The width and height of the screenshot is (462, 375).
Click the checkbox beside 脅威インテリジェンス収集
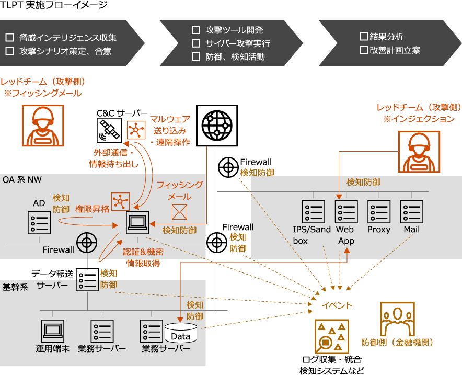coord(9,38)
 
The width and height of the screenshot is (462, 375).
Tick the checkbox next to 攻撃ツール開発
coord(196,30)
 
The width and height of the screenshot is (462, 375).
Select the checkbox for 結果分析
coord(364,37)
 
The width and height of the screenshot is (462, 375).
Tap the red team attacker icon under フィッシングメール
coord(43,126)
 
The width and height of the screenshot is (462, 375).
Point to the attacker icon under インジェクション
coord(419,152)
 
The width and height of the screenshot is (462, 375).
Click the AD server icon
coord(40,222)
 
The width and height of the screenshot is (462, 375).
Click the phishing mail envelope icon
coord(179,212)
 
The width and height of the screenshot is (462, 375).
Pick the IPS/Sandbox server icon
coord(313,212)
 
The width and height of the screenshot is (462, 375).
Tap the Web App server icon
coord(346,212)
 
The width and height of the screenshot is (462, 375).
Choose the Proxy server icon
coord(379,212)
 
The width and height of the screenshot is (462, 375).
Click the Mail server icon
coord(412,212)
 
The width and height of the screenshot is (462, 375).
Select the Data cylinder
coord(181,333)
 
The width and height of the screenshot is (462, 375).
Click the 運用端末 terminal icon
coord(53,331)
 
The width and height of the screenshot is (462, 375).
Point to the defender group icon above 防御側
coord(397,319)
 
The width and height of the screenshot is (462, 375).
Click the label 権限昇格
coord(93,208)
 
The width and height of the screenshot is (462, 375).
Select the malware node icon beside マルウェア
coord(136,130)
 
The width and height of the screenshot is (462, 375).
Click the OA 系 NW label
coord(22,180)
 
